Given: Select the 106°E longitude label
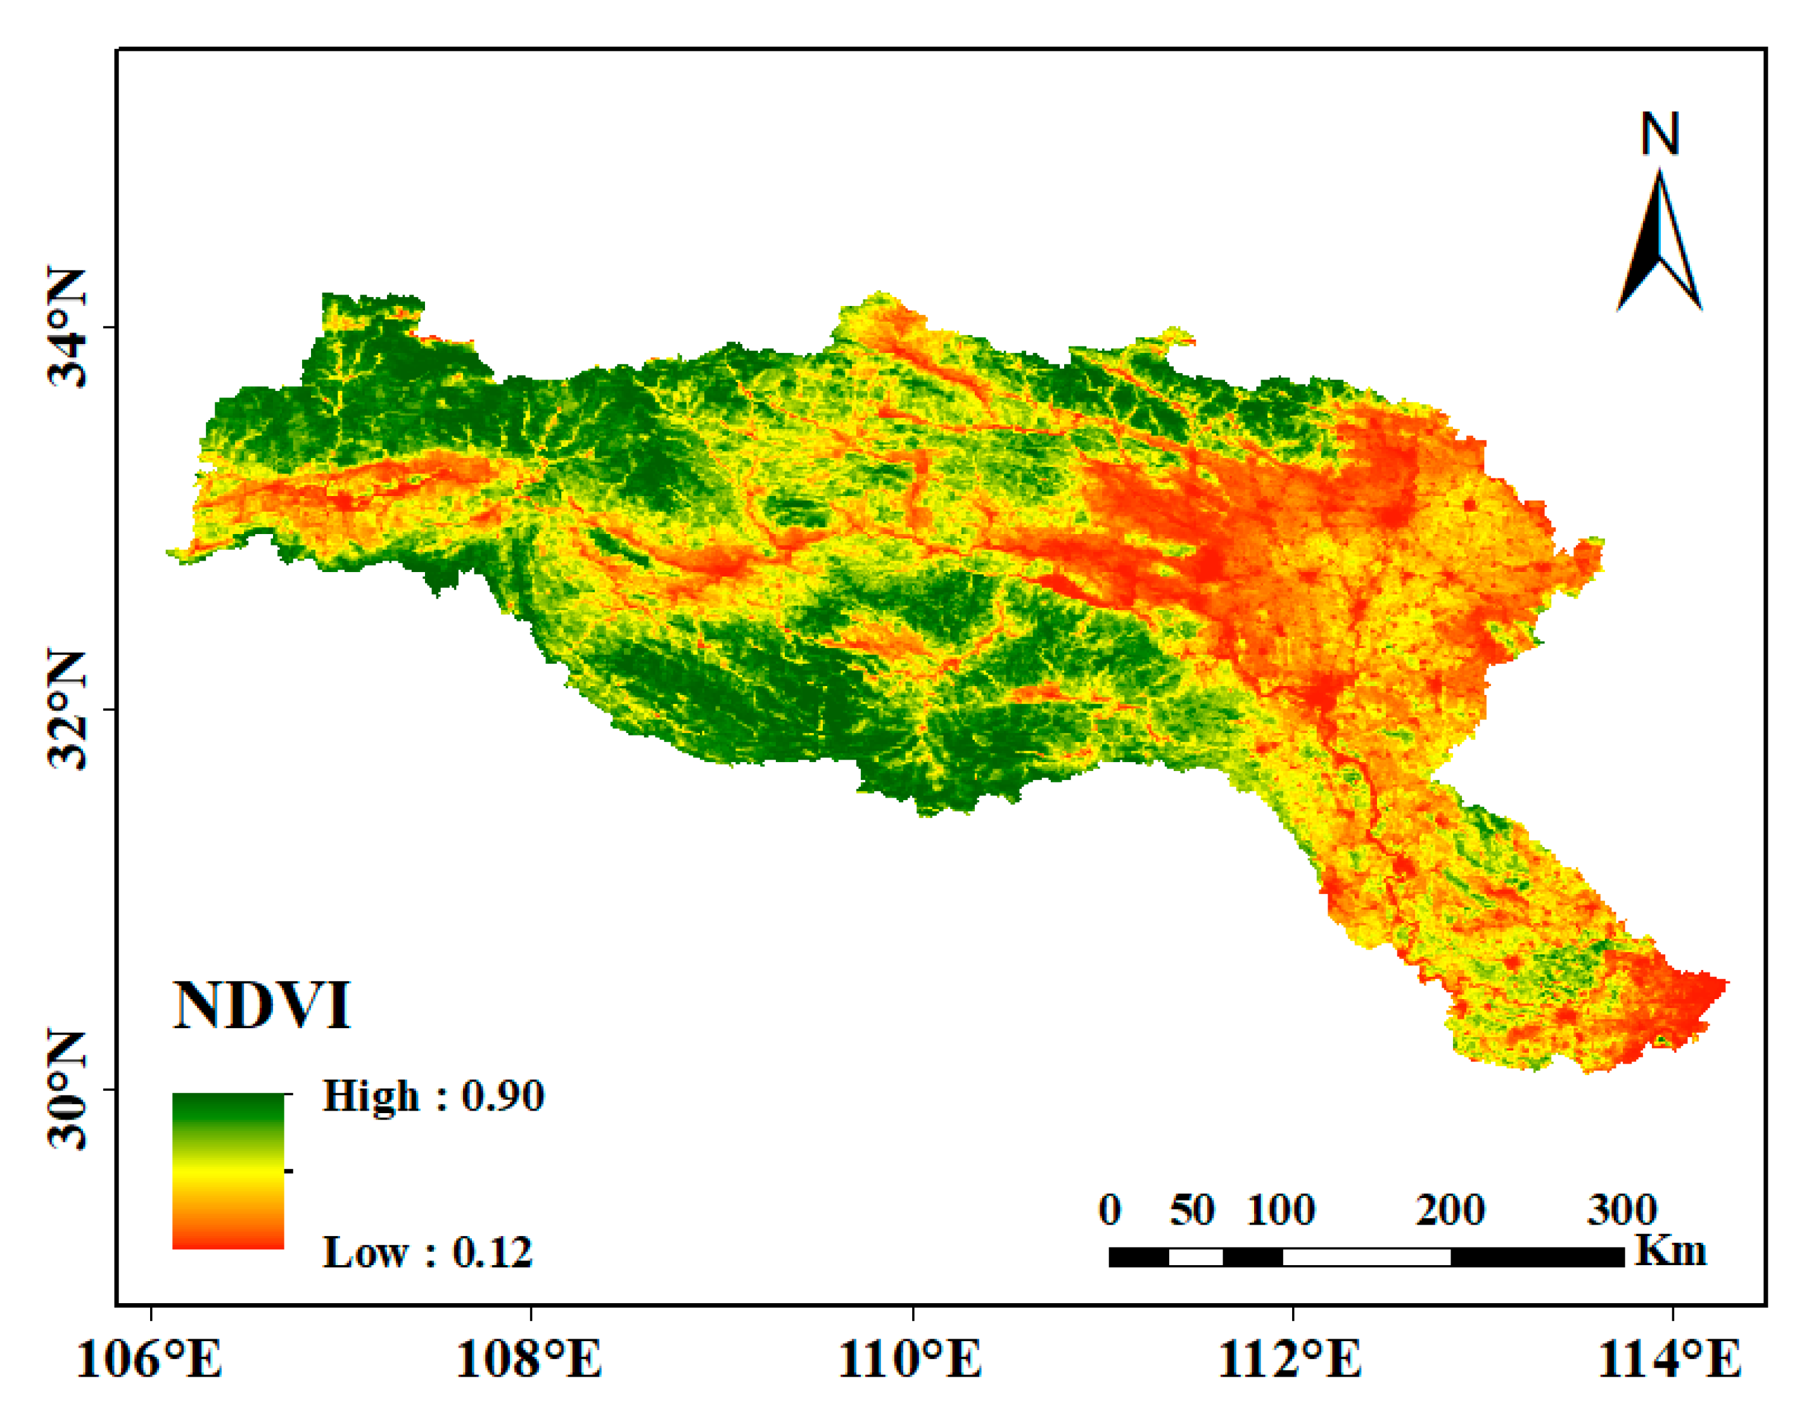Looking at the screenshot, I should [x=149, y=1360].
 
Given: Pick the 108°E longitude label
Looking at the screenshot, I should [x=530, y=1360].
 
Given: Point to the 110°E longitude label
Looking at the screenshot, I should [x=911, y=1360].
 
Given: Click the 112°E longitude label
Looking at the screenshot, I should [x=1291, y=1360].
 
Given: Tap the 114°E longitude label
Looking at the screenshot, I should [x=1670, y=1360].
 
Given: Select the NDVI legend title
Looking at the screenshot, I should [x=262, y=1006].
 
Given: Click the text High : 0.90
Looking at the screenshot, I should [x=433, y=1096].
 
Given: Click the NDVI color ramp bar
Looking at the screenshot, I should [x=228, y=1171].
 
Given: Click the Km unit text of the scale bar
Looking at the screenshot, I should [x=1671, y=1251].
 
